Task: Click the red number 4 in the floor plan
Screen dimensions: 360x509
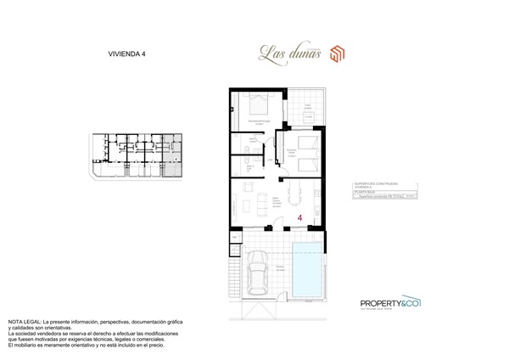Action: (300, 218)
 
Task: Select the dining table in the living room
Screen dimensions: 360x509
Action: (295, 200)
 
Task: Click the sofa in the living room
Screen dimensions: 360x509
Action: (242, 204)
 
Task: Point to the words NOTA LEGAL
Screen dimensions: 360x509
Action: (25, 323)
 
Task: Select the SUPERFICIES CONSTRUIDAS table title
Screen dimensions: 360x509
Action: (374, 183)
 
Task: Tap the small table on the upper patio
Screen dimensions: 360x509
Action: (305, 107)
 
